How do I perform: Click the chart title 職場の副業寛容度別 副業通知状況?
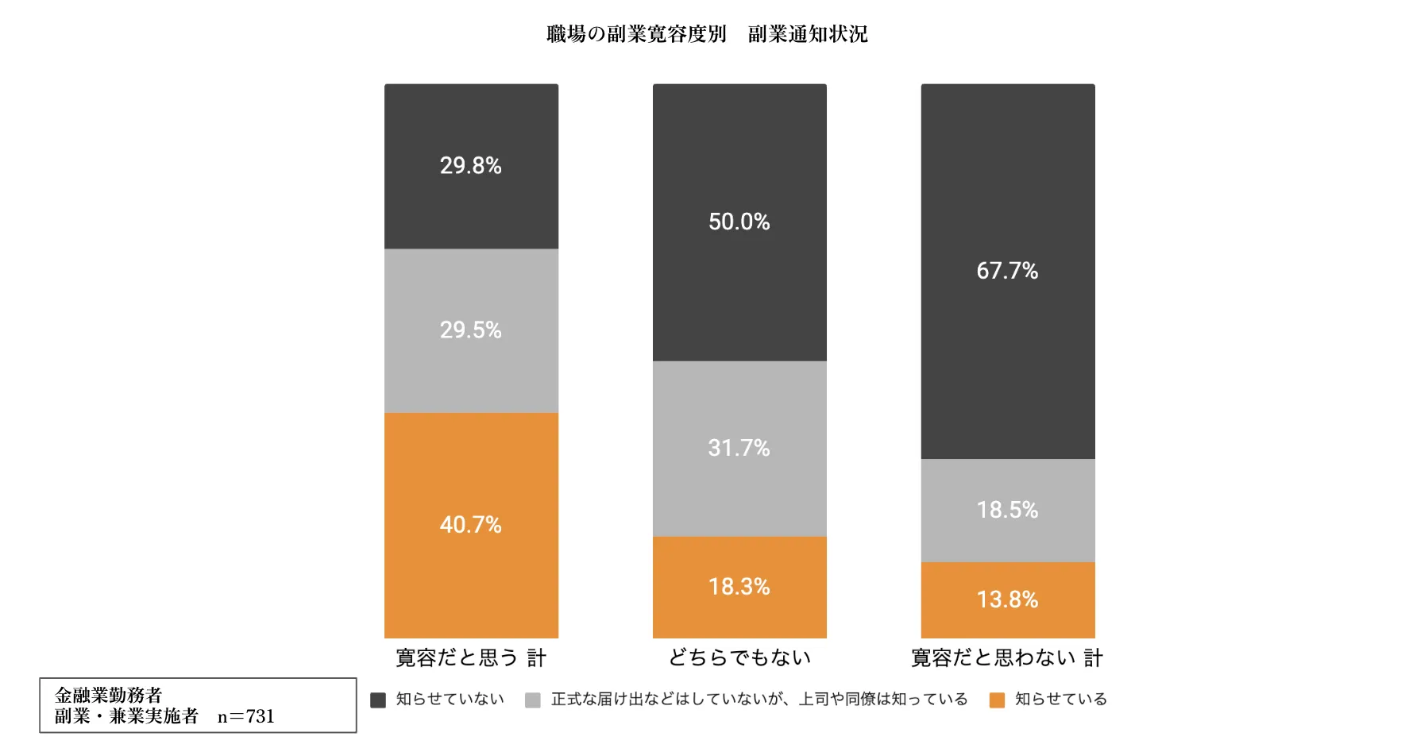707,34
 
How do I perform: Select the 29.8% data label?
471,166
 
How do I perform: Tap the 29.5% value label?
471,330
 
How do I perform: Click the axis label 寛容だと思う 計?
471,657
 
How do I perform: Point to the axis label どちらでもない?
739,657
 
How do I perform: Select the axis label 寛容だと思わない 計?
1007,657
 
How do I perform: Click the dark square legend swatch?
378,700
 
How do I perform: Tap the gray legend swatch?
533,700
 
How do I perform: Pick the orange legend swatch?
997,700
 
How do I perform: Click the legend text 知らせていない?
450,699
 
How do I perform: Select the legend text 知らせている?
1061,699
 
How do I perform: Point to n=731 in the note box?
246,716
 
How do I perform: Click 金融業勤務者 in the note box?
109,696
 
